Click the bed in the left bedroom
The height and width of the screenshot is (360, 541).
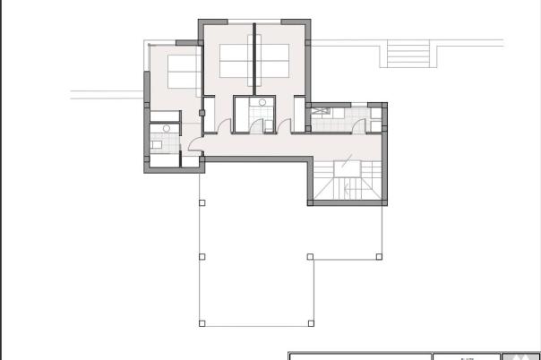coord(182,70)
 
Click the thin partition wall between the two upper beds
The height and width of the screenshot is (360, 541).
coord(254,59)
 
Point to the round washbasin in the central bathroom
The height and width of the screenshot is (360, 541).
coord(262,103)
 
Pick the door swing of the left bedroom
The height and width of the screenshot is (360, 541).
coord(203,113)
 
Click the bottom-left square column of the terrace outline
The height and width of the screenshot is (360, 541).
coord(202,322)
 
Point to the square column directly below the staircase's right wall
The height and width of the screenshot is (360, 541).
coord(380,257)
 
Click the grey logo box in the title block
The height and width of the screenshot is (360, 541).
coord(520,356)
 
